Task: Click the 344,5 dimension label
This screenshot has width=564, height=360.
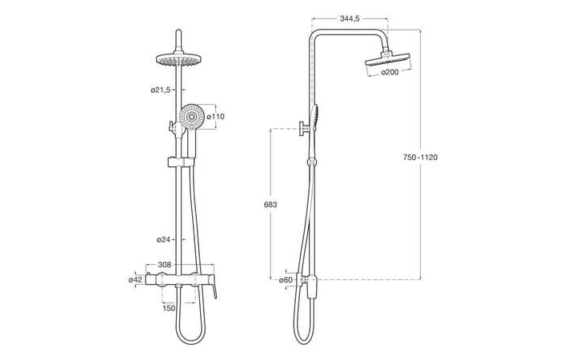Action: click(350, 18)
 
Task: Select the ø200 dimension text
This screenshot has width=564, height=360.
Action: click(390, 72)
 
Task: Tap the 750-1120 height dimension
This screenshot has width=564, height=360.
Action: click(420, 157)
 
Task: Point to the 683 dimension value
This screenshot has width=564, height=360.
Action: click(270, 205)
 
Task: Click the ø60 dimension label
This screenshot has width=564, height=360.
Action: click(286, 280)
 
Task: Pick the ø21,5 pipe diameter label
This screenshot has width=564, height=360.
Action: click(161, 90)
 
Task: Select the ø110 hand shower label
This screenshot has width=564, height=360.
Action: click(215, 117)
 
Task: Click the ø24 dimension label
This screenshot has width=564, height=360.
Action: click(163, 239)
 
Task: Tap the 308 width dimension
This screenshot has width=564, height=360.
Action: click(164, 265)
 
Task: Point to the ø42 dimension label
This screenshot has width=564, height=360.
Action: click(136, 279)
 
